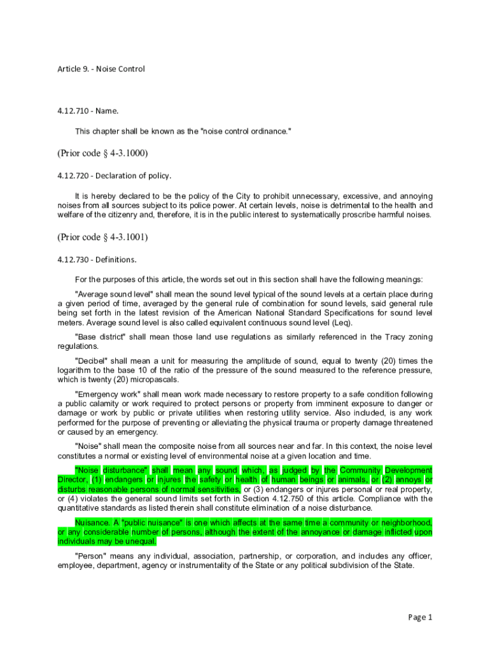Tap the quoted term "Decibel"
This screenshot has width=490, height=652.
94,361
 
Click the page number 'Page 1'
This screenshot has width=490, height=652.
420,617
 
